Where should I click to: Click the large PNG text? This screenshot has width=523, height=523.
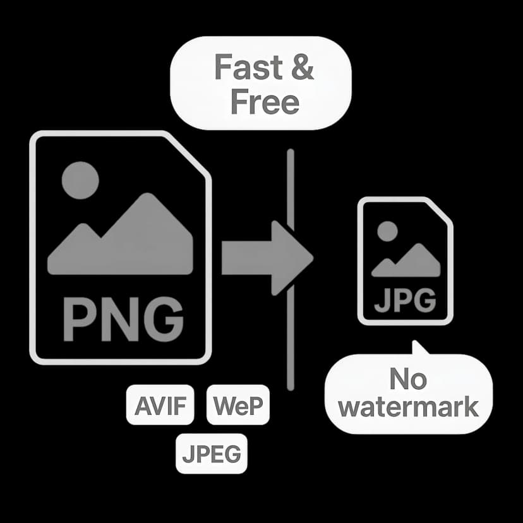tap(120, 320)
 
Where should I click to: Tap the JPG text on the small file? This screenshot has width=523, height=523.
tap(404, 300)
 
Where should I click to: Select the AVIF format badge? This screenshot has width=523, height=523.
tap(160, 405)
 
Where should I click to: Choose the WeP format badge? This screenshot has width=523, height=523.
tap(237, 405)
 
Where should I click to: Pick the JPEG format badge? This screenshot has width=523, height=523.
tap(211, 454)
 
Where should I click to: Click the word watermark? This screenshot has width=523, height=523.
tap(408, 407)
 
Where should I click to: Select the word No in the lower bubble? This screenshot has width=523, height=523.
tap(407, 380)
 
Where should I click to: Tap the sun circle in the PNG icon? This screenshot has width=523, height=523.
tap(80, 180)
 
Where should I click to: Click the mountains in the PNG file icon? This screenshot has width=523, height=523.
tap(120, 240)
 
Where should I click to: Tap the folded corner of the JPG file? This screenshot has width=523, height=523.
tap(440, 212)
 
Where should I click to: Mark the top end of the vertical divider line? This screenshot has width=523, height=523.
tap(290, 152)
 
